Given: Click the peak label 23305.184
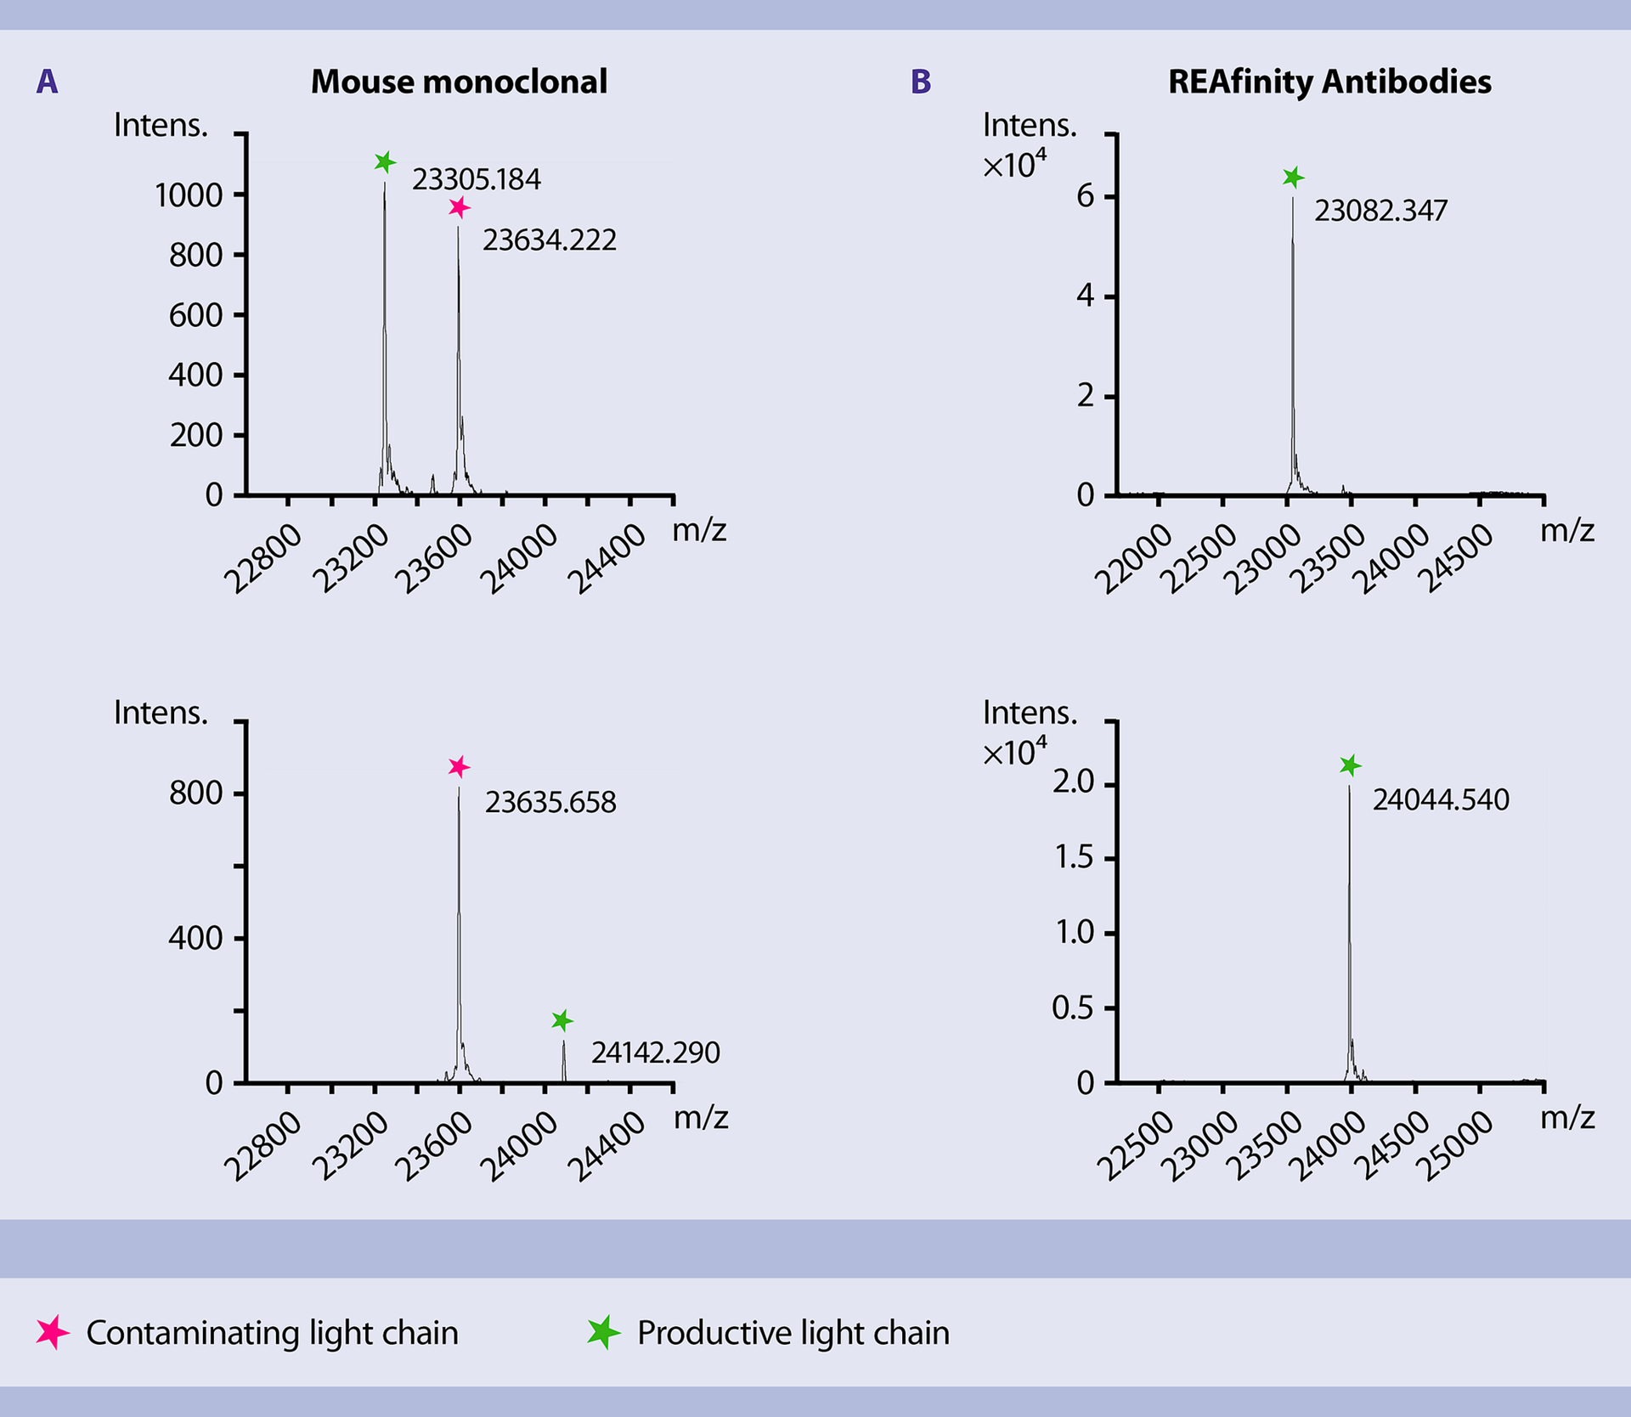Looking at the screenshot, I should (476, 179).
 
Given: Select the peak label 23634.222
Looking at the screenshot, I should (549, 240).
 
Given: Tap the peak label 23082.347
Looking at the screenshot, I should (1380, 211).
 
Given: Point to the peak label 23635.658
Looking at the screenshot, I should (550, 802).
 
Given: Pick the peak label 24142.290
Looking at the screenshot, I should (655, 1053).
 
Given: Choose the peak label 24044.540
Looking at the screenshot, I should (1441, 799).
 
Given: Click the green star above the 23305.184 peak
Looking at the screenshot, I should (385, 161).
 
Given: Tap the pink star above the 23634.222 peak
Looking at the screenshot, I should (459, 207).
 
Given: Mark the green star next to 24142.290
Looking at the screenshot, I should (562, 1020).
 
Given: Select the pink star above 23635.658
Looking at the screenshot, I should (459, 767).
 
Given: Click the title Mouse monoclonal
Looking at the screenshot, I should (459, 82).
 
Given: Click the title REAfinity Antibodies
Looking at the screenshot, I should (1329, 82).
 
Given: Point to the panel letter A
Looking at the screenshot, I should (48, 82).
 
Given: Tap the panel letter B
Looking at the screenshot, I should (921, 82).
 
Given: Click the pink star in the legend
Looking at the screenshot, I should (53, 1332).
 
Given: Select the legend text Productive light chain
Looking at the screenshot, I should (793, 1333).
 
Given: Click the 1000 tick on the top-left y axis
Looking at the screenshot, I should (188, 195).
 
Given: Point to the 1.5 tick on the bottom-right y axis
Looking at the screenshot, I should (1073, 858).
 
